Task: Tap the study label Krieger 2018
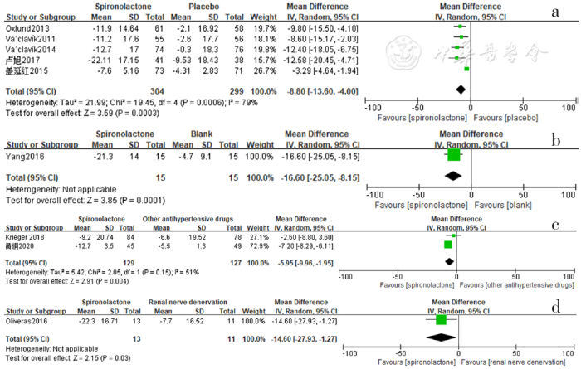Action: click(x=23, y=236)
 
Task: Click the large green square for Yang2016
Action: click(x=453, y=154)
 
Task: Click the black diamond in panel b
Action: click(x=453, y=176)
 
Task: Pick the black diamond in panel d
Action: click(x=440, y=338)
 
